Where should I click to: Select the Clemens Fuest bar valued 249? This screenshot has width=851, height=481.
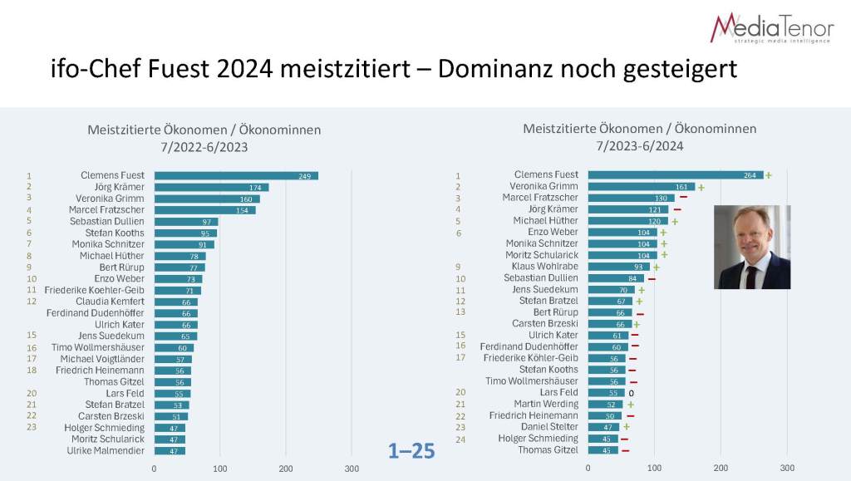click(236, 175)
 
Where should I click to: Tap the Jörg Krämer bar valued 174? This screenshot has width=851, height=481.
click(211, 187)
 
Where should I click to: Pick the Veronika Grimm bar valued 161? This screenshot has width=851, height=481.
click(641, 187)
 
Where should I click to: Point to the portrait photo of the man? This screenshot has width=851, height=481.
click(752, 247)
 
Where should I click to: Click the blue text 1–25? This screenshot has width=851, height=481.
click(411, 451)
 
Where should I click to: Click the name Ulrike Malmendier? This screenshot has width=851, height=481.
click(105, 450)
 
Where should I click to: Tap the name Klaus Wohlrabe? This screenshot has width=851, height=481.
click(545, 267)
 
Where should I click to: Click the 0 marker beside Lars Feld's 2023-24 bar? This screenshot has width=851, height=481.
click(632, 392)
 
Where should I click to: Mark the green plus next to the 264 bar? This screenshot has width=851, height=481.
click(769, 175)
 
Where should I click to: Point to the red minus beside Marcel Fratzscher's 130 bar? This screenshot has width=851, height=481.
click(683, 198)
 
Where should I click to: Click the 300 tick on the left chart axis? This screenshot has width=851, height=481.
click(352, 469)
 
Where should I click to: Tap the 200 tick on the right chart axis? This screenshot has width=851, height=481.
click(721, 468)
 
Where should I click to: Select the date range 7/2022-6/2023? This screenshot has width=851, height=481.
click(204, 146)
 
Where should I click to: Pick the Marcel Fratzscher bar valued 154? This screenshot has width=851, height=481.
click(204, 209)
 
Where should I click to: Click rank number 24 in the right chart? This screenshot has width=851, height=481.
click(460, 438)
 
